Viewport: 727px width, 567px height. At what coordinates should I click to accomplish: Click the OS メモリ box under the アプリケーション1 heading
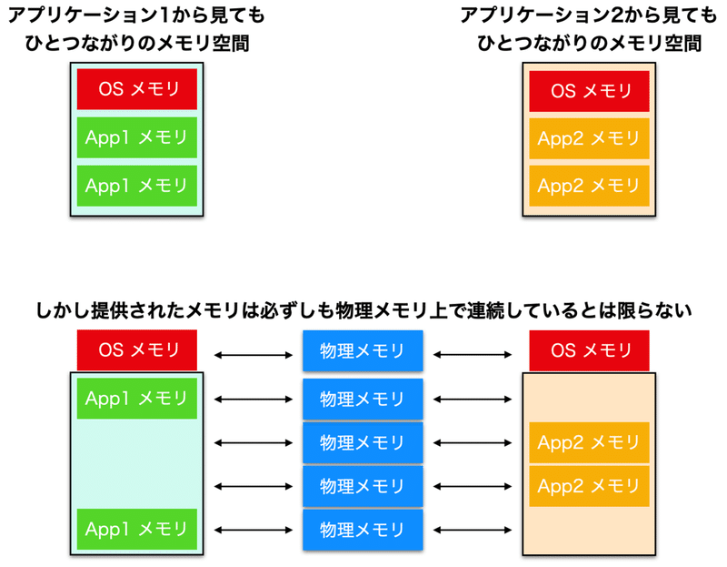click(x=137, y=89)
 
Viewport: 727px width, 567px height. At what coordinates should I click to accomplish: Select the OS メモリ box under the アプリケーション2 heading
click(x=589, y=91)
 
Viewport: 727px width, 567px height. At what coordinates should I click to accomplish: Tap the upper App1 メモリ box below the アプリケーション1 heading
click(x=137, y=137)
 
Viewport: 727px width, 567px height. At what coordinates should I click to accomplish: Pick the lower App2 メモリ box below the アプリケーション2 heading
click(x=589, y=186)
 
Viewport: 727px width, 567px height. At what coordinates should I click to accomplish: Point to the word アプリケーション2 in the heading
click(x=542, y=15)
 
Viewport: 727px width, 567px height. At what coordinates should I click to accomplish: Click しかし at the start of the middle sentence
click(x=63, y=310)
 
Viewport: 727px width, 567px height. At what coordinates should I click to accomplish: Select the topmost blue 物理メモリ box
click(x=363, y=350)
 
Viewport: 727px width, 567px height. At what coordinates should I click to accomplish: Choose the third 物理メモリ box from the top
click(x=363, y=442)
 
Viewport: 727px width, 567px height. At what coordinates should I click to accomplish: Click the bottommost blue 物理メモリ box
click(x=363, y=530)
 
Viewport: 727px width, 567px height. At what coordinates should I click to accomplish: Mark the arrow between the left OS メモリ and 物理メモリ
click(x=254, y=355)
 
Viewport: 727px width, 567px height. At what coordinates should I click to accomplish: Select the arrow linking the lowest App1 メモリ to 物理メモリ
click(x=254, y=530)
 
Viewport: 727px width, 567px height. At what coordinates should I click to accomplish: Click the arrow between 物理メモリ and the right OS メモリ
click(x=473, y=355)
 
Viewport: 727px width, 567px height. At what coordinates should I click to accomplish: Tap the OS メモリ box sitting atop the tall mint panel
click(x=137, y=350)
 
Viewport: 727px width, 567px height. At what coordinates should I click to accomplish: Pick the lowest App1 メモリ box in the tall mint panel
click(x=137, y=529)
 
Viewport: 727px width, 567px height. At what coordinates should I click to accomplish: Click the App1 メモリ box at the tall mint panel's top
click(x=137, y=399)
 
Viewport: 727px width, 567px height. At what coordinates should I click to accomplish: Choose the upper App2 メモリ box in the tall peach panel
click(x=589, y=442)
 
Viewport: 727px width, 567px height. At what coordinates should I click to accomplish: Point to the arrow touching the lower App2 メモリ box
click(x=473, y=486)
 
